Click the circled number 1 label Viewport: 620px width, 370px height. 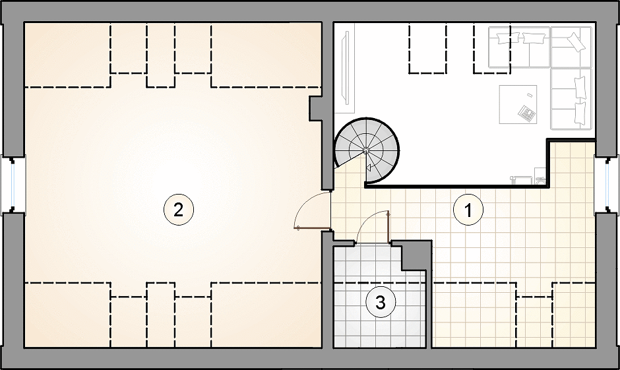coord(468,210)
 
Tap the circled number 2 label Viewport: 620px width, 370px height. coord(178,210)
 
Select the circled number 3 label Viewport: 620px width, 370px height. coord(380,303)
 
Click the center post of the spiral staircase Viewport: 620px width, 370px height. coord(366,150)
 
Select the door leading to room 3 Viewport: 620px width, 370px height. coord(373,226)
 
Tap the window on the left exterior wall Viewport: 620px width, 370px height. coord(13,185)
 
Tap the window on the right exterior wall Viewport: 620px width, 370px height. coord(607,185)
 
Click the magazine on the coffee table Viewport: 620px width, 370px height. coord(527,113)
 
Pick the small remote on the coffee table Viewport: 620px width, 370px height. coord(530,95)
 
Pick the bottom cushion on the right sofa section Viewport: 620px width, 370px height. coord(580,113)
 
